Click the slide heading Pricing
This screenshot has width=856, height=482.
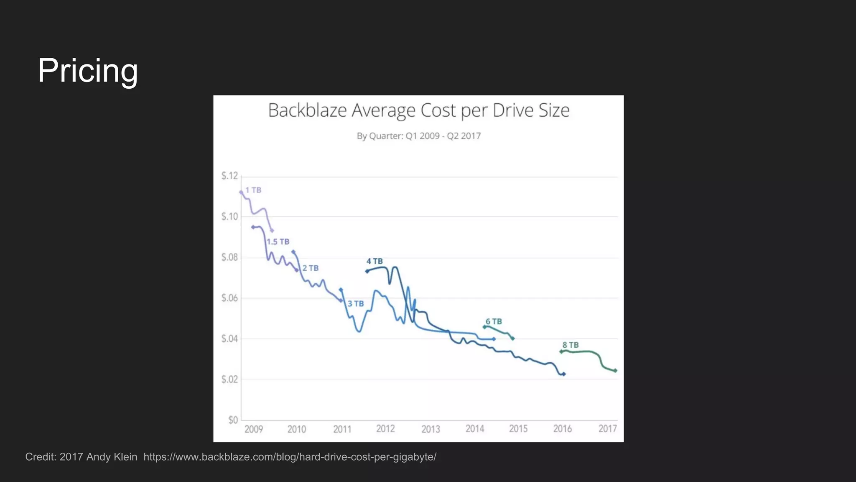88,70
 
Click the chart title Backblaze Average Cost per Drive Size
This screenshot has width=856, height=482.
418,110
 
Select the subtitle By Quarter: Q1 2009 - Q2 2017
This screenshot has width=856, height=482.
418,136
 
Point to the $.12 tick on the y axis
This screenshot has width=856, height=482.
229,176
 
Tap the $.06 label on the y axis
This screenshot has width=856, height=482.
229,298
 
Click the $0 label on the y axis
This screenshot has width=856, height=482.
233,420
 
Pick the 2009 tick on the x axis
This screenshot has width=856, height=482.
253,429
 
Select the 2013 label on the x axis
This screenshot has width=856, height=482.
431,429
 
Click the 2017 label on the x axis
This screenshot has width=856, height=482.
607,428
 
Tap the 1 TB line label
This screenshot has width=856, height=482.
253,190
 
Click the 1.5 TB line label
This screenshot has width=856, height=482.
278,242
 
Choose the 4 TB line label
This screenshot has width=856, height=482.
374,261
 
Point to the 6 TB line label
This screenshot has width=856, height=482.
494,321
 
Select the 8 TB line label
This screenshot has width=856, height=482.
571,345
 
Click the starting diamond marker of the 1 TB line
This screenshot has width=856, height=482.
241,192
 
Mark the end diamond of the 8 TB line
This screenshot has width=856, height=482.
615,371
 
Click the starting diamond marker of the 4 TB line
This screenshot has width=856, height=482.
367,271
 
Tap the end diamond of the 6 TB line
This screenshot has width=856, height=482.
513,338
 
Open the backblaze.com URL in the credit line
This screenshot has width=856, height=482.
290,457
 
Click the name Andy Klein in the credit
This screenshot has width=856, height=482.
112,457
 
